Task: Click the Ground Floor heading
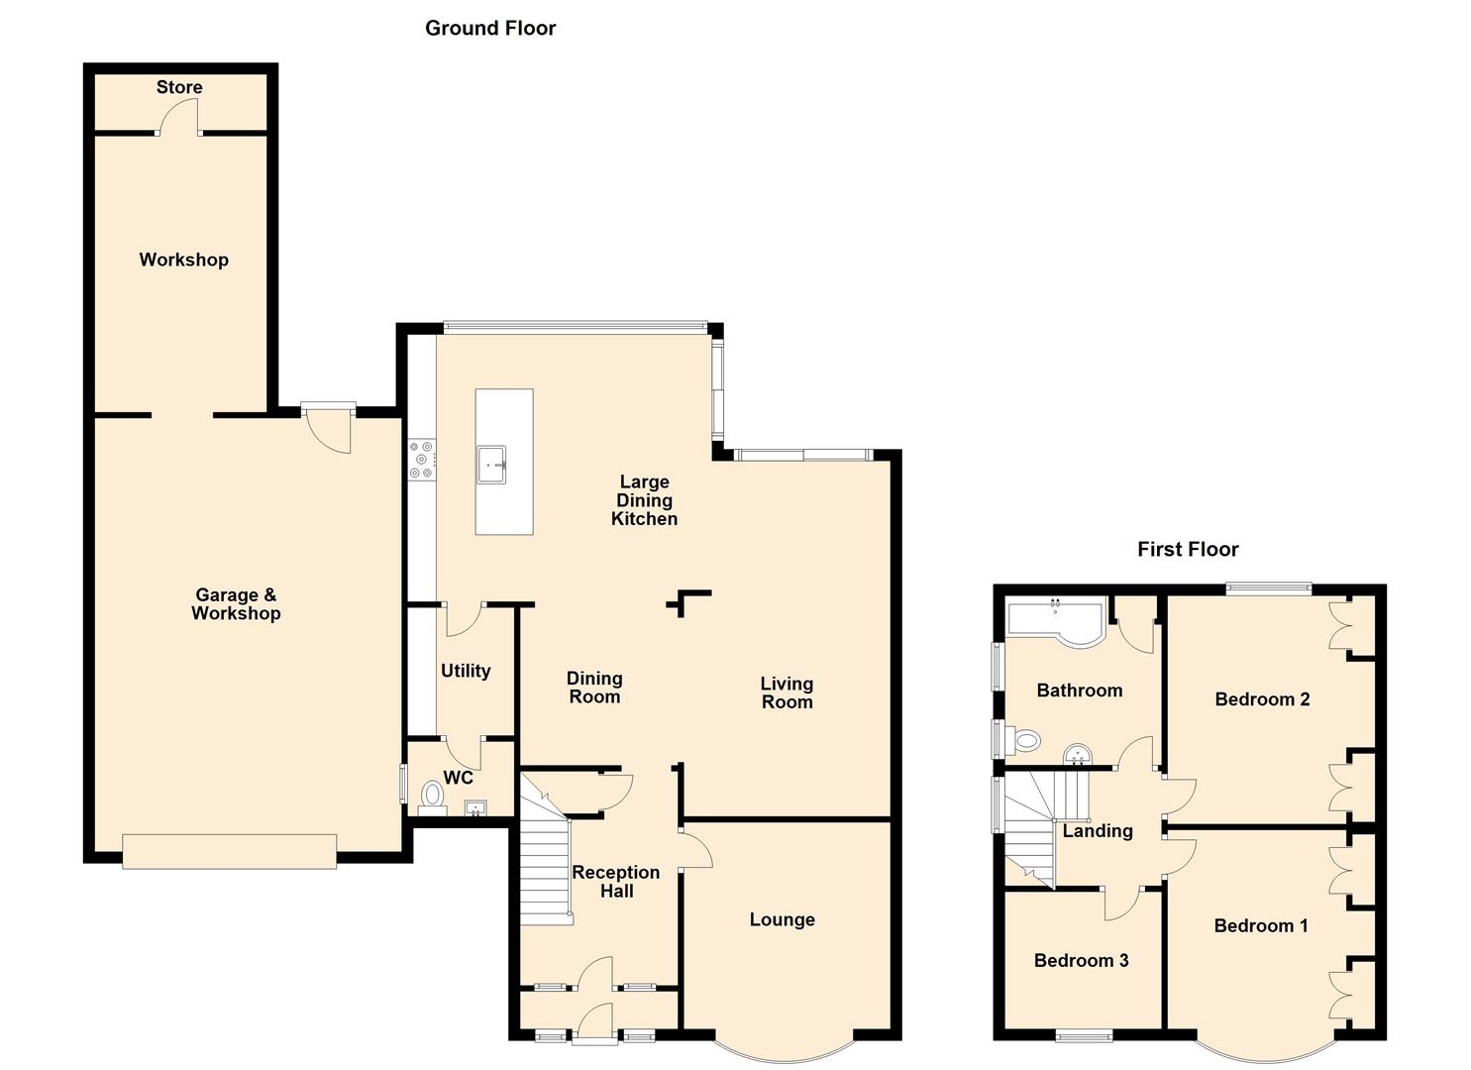coord(490,29)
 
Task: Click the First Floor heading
coord(1188,549)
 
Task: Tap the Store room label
coord(179,87)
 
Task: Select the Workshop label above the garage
coord(184,260)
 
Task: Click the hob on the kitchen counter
coord(422,460)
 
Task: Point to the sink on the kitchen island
coord(492,465)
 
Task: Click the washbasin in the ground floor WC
coord(474,807)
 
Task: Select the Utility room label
coord(466,671)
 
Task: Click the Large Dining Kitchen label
coord(644,500)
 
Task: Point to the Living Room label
coord(787,693)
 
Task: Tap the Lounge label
coord(783,919)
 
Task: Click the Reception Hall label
coord(616,882)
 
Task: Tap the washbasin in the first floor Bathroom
coord(1078,755)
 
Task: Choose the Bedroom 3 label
coord(1081,960)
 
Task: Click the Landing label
coord(1098,831)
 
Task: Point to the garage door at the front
coord(229,852)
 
